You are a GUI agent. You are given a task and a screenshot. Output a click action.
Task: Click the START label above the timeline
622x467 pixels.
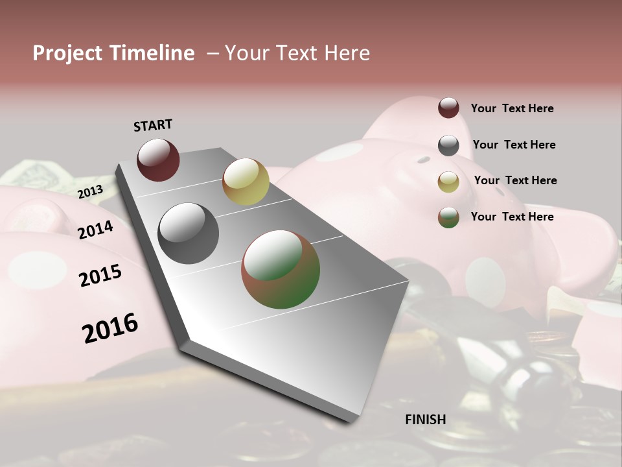153,125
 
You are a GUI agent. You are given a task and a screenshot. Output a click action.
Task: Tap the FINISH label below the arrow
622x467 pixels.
426,420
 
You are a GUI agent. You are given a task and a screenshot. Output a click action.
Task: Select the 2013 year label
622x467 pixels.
90,191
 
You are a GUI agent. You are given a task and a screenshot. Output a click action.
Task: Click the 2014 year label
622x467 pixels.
96,230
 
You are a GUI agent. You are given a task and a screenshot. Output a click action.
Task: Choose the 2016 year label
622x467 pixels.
111,328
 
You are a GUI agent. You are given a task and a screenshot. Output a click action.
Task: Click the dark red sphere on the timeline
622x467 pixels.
158,160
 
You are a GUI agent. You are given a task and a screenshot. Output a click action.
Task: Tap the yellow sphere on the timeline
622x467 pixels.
246,182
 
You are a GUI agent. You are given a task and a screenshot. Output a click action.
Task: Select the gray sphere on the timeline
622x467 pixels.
189,233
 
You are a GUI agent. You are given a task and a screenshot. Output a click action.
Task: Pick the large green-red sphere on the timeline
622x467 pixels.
281,269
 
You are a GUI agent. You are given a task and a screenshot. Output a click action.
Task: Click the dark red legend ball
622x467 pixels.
448,108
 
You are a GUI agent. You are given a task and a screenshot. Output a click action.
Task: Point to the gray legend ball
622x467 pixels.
448,145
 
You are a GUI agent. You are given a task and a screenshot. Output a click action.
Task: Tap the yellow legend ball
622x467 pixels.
448,182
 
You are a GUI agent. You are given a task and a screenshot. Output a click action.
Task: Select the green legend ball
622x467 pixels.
448,218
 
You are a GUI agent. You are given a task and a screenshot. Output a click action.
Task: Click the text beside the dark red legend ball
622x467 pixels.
512,109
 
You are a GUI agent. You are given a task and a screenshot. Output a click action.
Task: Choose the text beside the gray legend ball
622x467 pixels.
514,145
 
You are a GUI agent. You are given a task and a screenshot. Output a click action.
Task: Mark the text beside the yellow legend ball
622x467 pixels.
515,180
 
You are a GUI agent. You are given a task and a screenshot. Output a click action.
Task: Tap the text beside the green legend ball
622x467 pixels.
512,217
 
